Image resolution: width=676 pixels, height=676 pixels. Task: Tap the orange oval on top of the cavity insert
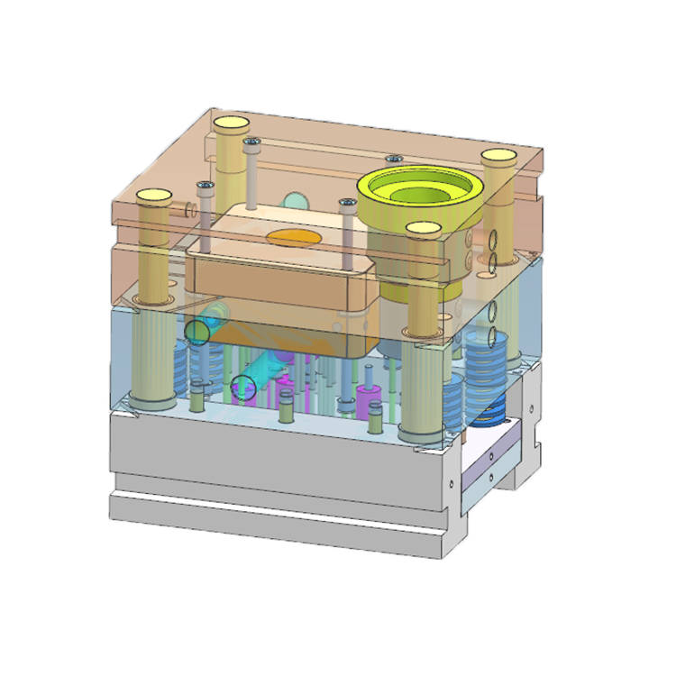[292, 238]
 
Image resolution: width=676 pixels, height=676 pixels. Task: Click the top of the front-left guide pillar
[153, 195]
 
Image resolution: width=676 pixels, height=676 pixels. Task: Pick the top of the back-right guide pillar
[497, 157]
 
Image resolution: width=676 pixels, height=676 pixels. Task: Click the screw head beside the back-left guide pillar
[251, 142]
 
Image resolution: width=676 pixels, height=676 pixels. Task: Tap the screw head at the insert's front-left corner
[205, 187]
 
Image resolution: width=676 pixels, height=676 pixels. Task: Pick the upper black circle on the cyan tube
[197, 332]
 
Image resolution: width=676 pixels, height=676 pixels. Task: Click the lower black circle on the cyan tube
[244, 388]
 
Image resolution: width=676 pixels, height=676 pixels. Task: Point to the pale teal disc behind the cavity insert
[294, 200]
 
